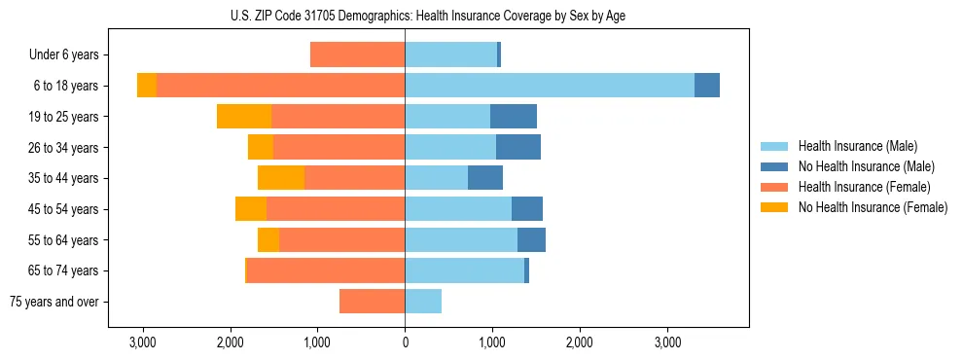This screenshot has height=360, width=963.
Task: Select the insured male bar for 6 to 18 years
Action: point(550,86)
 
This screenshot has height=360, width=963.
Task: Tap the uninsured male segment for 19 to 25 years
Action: point(514,117)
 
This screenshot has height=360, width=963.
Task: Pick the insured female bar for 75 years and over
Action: point(372,302)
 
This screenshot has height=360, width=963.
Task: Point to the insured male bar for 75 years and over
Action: point(423,302)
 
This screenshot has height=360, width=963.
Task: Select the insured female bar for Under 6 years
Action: point(357,55)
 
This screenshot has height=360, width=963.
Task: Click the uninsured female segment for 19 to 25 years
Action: point(244,117)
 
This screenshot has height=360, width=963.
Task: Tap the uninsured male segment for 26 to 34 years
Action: point(518,147)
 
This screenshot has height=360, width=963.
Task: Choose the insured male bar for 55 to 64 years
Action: point(461,239)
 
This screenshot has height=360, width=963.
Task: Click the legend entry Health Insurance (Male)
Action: point(857,146)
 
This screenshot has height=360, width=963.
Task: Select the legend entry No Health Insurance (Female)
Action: point(873,207)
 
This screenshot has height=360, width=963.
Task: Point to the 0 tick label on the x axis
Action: point(405,342)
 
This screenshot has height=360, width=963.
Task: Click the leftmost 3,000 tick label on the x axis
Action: point(143,342)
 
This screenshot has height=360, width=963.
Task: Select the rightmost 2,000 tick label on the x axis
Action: point(580,342)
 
